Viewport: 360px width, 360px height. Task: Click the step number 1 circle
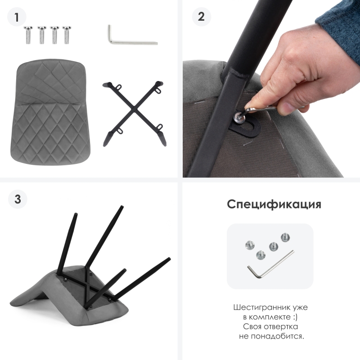(x=17, y=17)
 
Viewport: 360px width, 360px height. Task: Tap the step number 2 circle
(x=201, y=17)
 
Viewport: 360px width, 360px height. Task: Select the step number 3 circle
(x=18, y=199)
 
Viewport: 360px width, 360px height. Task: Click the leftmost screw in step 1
(x=28, y=35)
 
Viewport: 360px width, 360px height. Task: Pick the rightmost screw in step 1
(x=67, y=35)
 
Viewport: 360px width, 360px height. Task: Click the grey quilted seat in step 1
(x=50, y=112)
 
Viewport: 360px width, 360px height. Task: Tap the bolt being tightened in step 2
(x=239, y=117)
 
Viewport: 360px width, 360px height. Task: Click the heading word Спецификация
(x=274, y=204)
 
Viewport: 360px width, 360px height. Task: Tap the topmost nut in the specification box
(x=285, y=238)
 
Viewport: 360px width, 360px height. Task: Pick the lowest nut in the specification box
(x=261, y=255)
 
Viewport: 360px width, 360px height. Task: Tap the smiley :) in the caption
(x=295, y=317)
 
